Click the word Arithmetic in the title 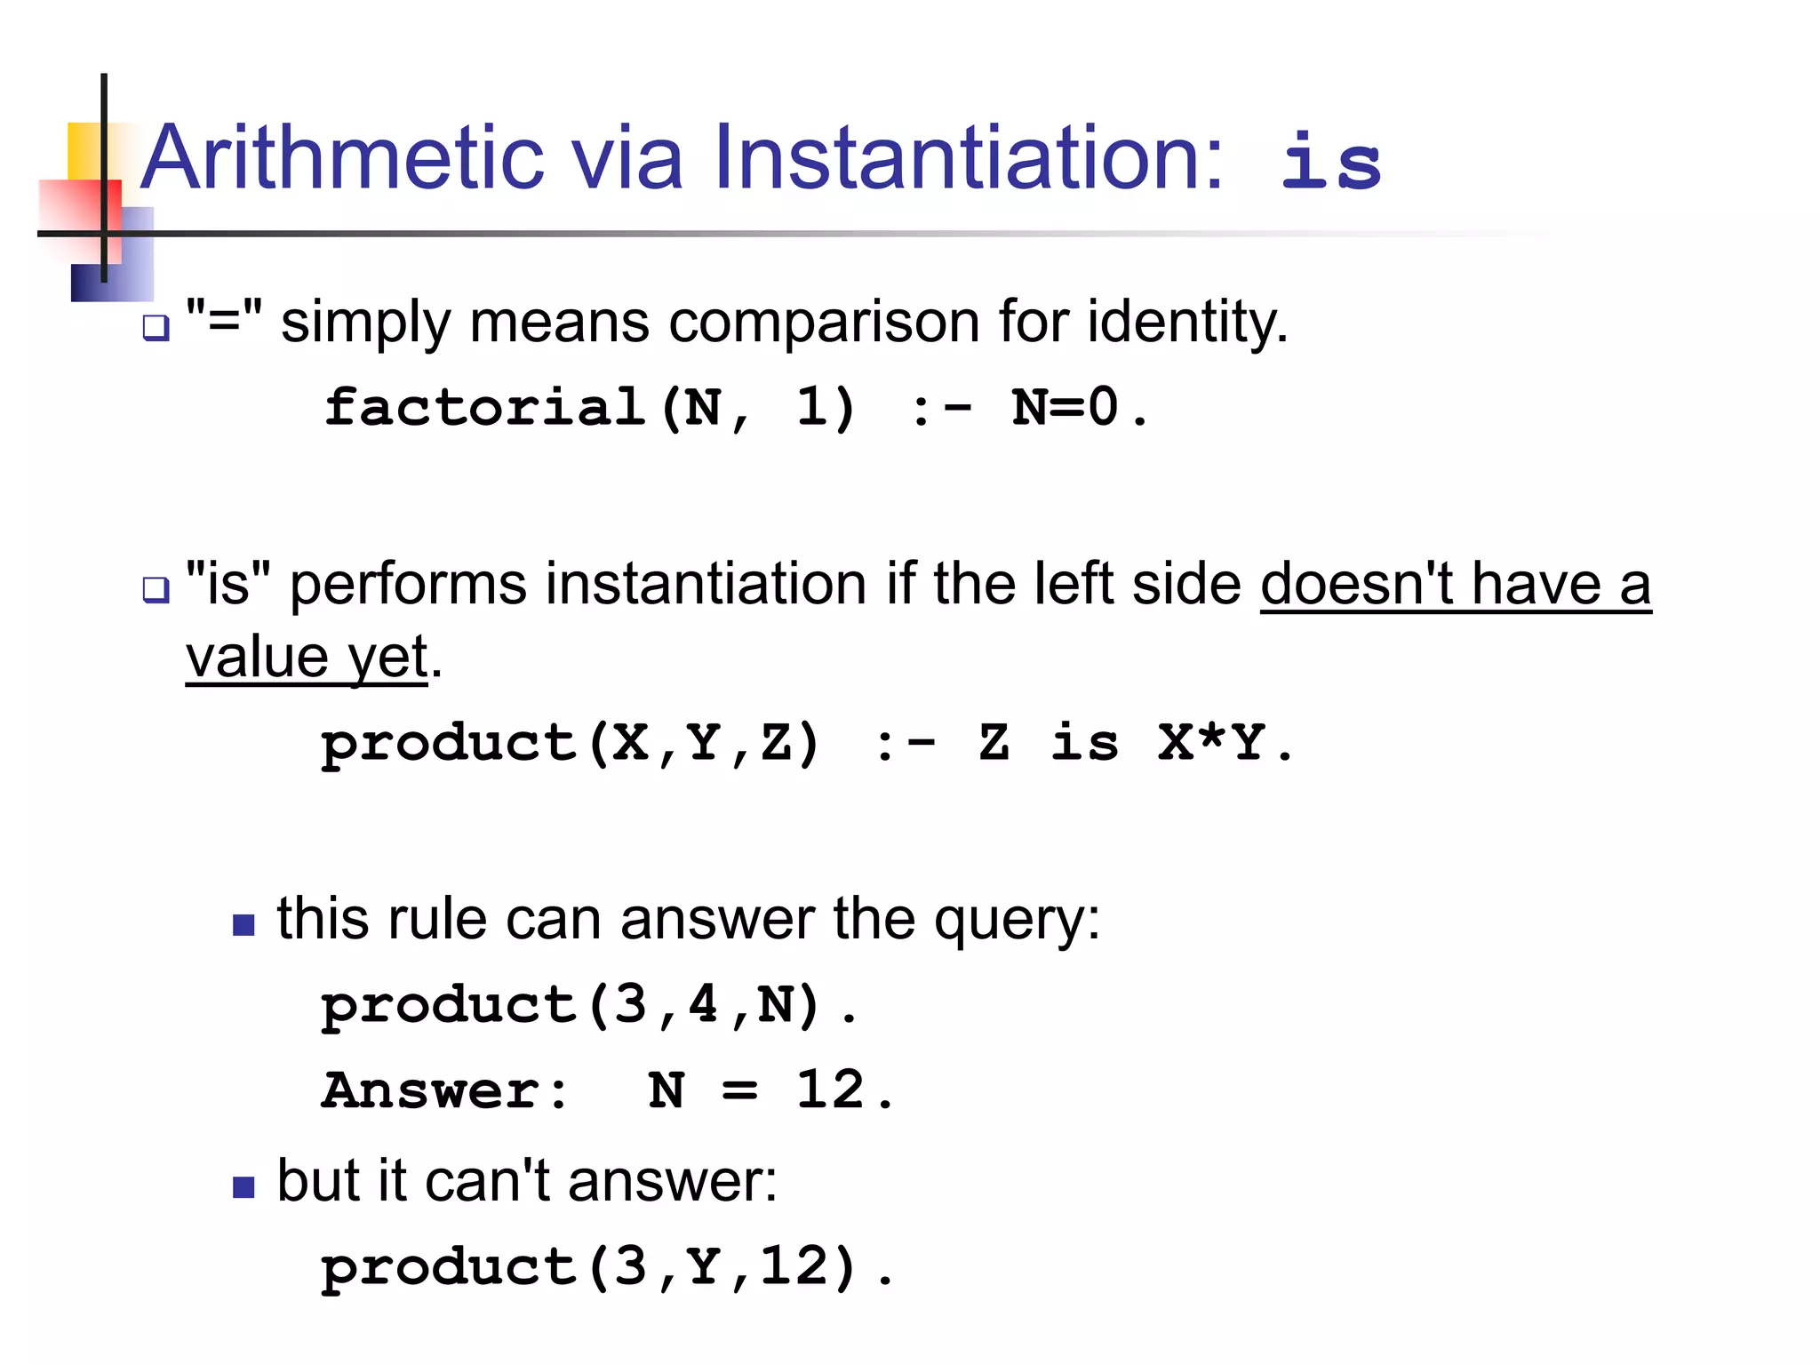342,158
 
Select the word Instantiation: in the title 969,158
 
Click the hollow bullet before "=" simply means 156,329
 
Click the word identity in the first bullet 1186,322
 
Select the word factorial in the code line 484,408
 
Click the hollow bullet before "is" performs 156,589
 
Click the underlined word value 258,658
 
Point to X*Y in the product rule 1210,742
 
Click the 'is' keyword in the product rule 1084,742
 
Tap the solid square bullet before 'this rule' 243,925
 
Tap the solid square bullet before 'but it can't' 243,1187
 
